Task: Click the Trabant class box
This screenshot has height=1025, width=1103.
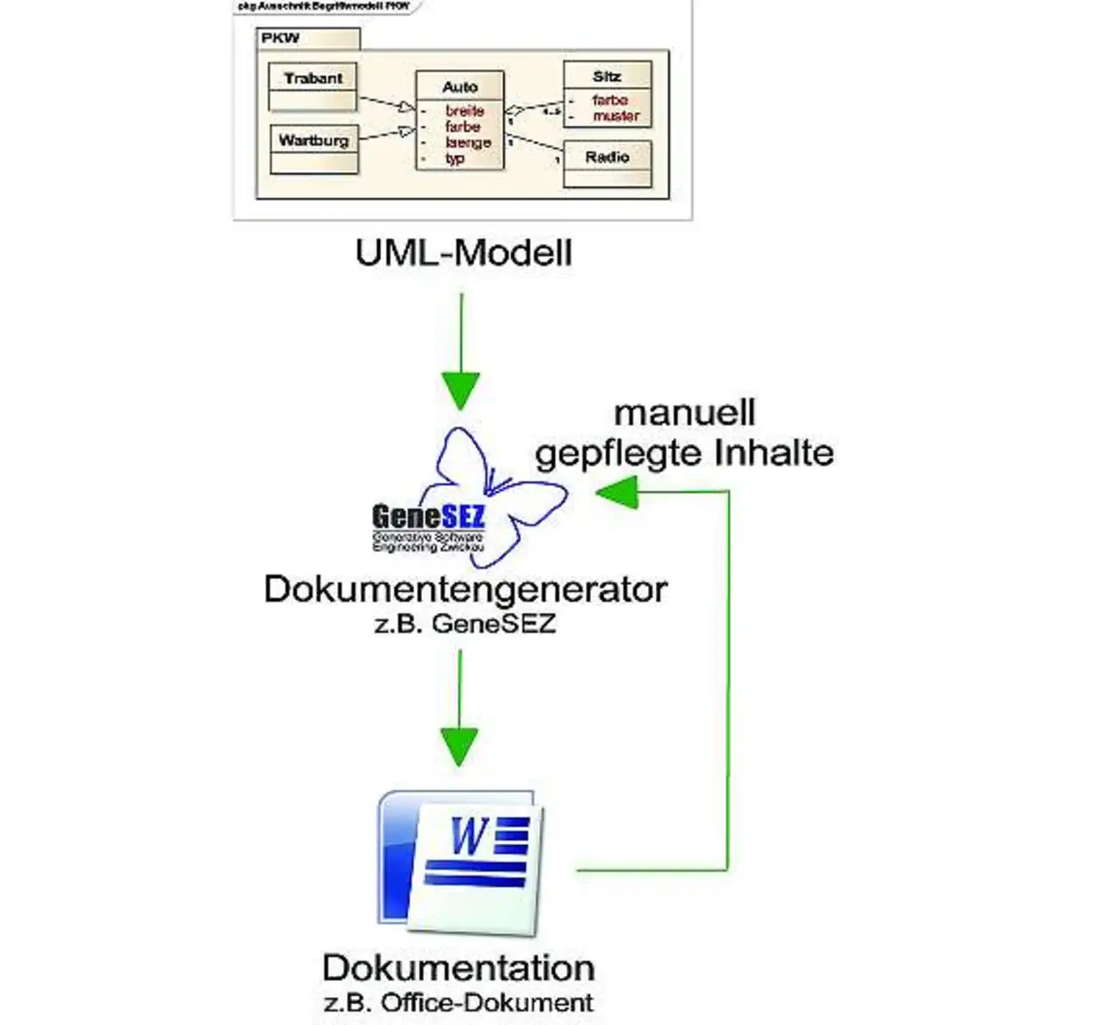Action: click(x=313, y=87)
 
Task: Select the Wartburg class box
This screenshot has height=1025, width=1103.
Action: click(x=315, y=150)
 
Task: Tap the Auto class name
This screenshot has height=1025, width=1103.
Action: click(x=459, y=87)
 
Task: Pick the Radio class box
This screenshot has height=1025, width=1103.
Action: click(x=608, y=164)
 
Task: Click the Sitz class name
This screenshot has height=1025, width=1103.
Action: click(x=607, y=77)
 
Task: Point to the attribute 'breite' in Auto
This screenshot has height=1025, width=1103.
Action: click(x=464, y=111)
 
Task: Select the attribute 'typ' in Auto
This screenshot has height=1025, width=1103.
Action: click(x=455, y=158)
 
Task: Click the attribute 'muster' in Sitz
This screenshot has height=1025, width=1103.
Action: click(x=616, y=115)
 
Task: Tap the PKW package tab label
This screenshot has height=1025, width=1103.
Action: click(x=281, y=39)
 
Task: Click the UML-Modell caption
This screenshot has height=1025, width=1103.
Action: click(x=464, y=253)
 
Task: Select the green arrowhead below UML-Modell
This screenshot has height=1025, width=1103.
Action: click(x=461, y=390)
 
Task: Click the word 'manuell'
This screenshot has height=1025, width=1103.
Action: click(x=684, y=413)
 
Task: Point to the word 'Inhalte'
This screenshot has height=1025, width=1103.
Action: click(x=782, y=453)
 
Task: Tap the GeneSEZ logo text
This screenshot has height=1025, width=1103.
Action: click(x=428, y=517)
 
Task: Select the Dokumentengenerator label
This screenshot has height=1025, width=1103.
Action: click(x=465, y=590)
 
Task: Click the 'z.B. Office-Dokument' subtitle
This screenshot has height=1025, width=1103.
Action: click(x=458, y=1003)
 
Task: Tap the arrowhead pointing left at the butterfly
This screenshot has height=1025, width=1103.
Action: click(x=615, y=493)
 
